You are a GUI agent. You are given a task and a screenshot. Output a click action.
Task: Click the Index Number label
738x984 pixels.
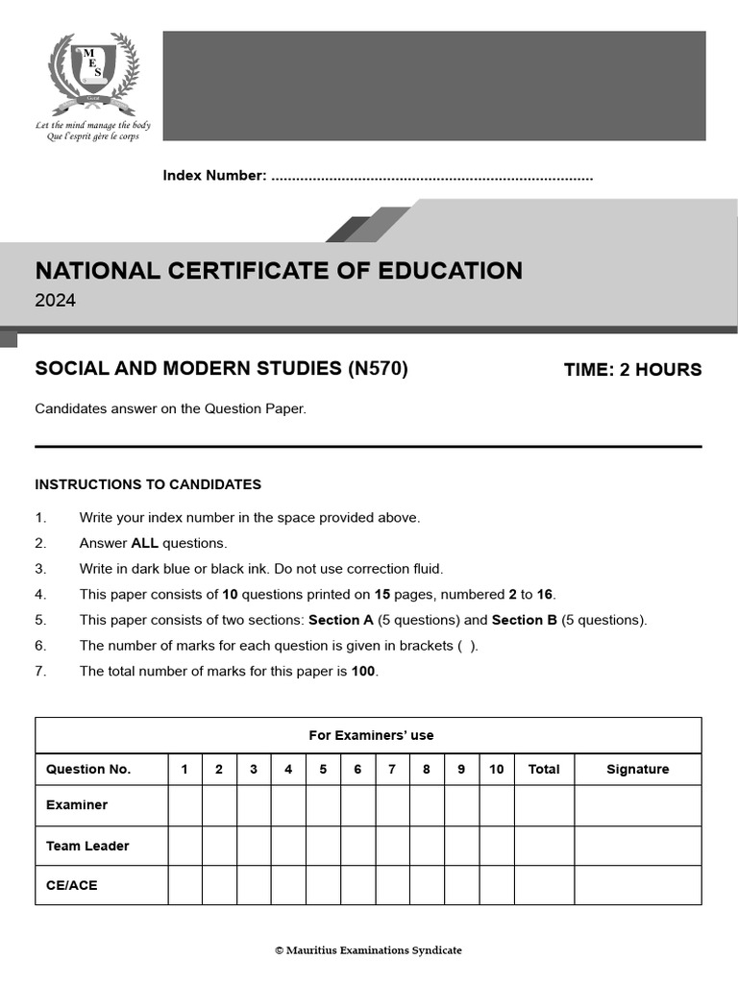(x=214, y=176)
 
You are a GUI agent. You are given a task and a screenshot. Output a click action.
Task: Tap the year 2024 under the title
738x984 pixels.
(x=55, y=301)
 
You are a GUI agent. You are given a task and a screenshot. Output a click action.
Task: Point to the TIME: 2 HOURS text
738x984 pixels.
(x=632, y=370)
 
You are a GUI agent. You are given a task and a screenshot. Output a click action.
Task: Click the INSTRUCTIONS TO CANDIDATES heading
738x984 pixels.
(x=148, y=484)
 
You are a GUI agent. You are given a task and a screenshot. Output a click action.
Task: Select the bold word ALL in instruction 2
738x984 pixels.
(x=144, y=543)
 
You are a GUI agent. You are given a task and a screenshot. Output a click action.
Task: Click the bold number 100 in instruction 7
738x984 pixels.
(x=363, y=672)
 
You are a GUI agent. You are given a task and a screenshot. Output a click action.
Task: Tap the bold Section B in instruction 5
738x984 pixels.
(x=524, y=620)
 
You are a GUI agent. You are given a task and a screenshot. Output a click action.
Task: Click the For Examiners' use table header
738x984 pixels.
(x=371, y=735)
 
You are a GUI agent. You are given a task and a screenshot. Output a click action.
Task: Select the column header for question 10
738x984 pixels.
(x=496, y=769)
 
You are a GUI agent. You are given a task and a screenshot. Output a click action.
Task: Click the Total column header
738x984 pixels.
(x=544, y=769)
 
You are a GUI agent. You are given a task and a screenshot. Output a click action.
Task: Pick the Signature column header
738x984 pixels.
(x=638, y=769)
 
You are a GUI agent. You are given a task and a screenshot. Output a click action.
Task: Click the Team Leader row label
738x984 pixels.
(x=87, y=846)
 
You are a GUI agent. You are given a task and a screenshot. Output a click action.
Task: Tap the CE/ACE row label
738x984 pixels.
(x=72, y=885)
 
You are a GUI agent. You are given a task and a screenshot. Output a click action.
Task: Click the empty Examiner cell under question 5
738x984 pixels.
(x=323, y=805)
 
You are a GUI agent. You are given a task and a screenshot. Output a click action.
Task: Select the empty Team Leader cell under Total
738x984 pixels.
(x=544, y=846)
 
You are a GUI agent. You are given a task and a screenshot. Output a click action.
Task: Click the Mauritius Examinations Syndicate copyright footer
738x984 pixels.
(x=368, y=950)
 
